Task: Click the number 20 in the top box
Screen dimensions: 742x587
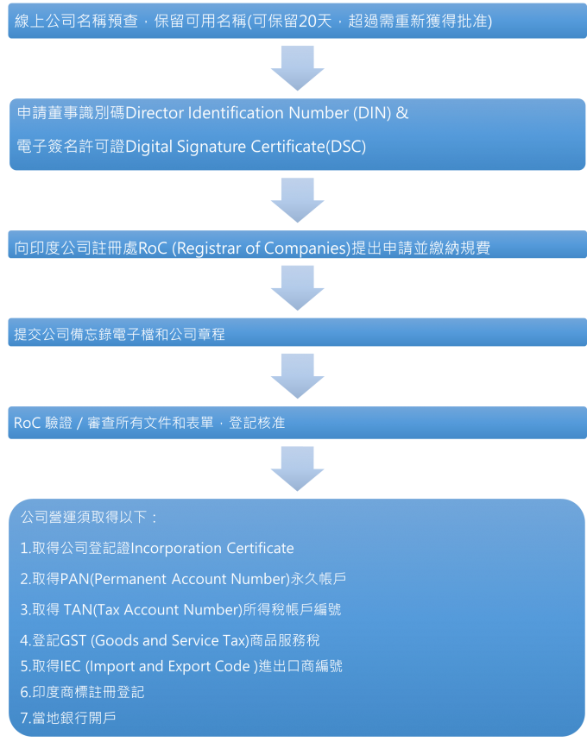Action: coord(309,21)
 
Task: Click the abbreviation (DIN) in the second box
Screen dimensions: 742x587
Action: coord(370,113)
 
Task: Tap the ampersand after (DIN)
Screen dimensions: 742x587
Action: coord(401,113)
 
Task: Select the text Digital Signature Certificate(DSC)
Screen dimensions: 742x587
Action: coord(246,147)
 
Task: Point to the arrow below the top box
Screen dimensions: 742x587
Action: coord(297,68)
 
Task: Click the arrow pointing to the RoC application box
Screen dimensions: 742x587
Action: coord(297,200)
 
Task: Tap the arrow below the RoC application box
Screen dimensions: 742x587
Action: coord(297,288)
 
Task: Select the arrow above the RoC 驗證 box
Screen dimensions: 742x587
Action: coord(297,376)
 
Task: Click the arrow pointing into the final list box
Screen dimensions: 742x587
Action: coord(297,468)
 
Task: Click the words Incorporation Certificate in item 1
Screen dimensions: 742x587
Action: coord(212,549)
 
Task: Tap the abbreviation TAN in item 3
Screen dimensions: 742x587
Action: coord(77,610)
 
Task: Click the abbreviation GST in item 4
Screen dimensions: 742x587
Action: coord(73,641)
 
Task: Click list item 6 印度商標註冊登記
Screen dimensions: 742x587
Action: coord(82,692)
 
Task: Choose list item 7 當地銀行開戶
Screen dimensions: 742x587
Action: coord(68,718)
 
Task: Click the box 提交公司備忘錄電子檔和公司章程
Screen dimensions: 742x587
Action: coord(121,333)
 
